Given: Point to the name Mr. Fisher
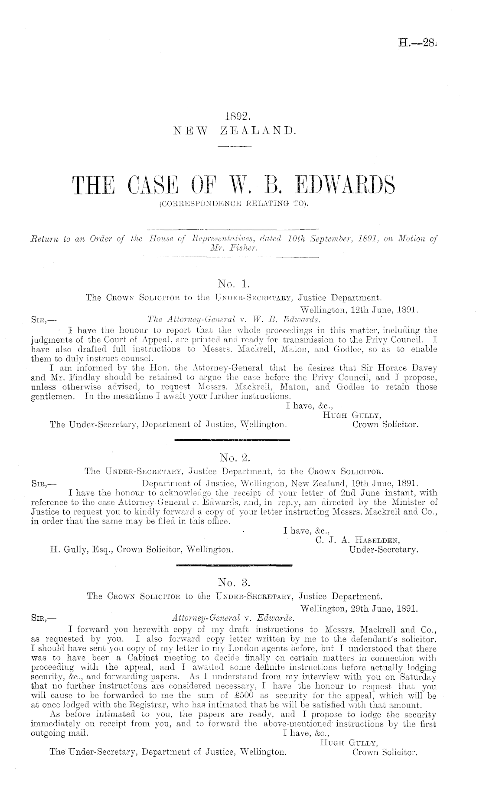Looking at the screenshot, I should [233, 248].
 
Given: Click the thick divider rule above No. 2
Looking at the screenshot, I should [232, 441].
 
